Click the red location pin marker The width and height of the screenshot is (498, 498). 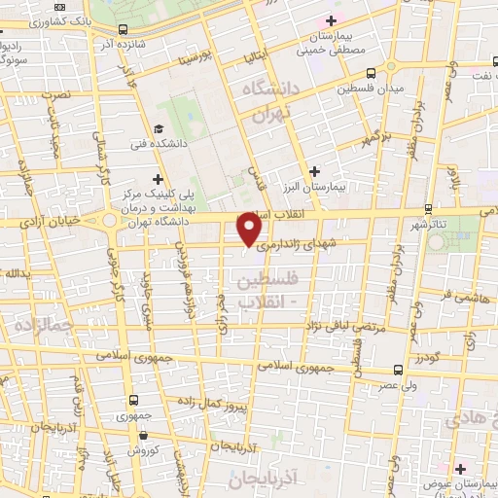point(250,230)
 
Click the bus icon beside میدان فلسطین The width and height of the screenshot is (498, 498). point(372,73)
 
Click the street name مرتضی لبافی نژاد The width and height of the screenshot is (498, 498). point(341,329)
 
